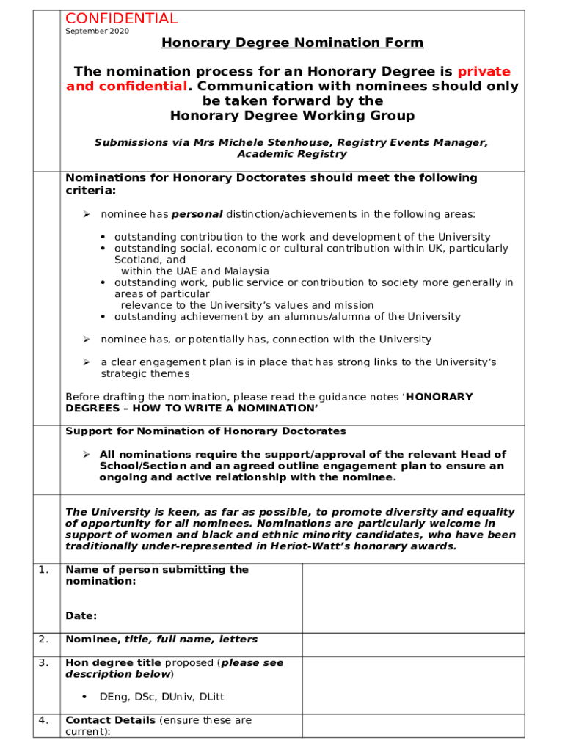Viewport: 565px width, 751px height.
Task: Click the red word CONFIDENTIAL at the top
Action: pyautogui.click(x=121, y=19)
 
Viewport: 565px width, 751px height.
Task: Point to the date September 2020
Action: pyautogui.click(x=97, y=32)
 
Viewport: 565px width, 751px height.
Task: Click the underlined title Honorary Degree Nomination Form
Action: pyautogui.click(x=292, y=43)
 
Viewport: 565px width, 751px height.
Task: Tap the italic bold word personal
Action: pyautogui.click(x=197, y=214)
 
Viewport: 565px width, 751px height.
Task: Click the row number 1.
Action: pyautogui.click(x=43, y=570)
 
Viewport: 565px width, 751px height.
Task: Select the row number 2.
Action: pyautogui.click(x=43, y=640)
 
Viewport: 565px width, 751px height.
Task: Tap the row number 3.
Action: pyautogui.click(x=43, y=663)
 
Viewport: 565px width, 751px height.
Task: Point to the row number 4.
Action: pyautogui.click(x=43, y=720)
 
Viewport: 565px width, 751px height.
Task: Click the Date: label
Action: pyautogui.click(x=81, y=616)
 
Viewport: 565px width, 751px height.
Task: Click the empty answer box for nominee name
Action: pyautogui.click(x=413, y=645)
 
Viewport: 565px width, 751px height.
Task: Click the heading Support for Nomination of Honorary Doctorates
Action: pyautogui.click(x=205, y=431)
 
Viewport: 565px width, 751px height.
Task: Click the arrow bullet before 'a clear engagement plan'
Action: pyautogui.click(x=86, y=362)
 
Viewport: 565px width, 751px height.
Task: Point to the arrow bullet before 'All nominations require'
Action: pyautogui.click(x=86, y=455)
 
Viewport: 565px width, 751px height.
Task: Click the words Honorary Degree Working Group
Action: pyautogui.click(x=292, y=116)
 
